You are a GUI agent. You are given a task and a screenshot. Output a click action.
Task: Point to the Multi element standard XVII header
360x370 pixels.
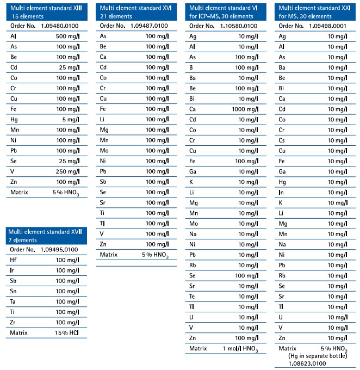46,235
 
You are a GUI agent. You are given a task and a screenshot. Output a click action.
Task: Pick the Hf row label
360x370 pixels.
14,260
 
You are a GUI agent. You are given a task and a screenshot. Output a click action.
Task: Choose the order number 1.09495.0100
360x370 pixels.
60,250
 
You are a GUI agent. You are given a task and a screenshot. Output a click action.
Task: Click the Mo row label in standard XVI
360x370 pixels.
103,150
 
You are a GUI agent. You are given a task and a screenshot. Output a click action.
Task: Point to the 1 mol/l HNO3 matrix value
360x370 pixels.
243,349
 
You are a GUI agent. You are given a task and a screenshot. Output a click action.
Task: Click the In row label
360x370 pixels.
281,192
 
